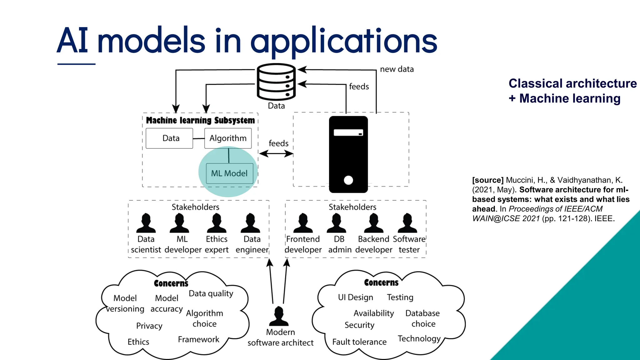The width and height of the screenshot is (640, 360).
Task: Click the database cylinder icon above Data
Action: point(276,82)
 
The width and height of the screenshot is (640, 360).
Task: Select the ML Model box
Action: point(230,173)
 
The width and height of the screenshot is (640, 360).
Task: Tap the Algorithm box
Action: point(228,138)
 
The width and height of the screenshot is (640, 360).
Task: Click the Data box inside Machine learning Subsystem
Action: point(169,138)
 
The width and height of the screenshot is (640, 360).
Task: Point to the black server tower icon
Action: point(348,154)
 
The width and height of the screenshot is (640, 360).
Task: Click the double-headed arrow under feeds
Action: point(276,153)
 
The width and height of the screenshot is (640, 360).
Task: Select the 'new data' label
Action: point(397,69)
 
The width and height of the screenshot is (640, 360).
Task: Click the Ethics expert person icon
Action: point(217,223)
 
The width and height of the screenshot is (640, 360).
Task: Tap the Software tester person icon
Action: point(407,223)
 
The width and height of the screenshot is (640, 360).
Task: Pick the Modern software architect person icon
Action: point(279,316)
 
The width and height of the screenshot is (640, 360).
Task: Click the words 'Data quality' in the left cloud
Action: point(211,293)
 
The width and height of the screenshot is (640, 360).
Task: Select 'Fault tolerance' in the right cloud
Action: point(359,342)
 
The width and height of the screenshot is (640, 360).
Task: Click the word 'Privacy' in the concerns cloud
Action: point(149,326)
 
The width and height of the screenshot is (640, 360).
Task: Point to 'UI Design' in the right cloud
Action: point(355,297)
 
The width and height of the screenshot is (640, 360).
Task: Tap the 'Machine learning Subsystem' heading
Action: point(200,120)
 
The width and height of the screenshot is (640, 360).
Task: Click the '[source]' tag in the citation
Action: point(487,180)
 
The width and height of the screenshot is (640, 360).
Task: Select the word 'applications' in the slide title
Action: point(343,41)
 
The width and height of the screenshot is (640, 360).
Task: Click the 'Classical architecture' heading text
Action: point(572,83)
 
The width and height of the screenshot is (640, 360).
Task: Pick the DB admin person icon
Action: point(336,223)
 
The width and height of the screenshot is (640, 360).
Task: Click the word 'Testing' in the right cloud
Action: point(400,297)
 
